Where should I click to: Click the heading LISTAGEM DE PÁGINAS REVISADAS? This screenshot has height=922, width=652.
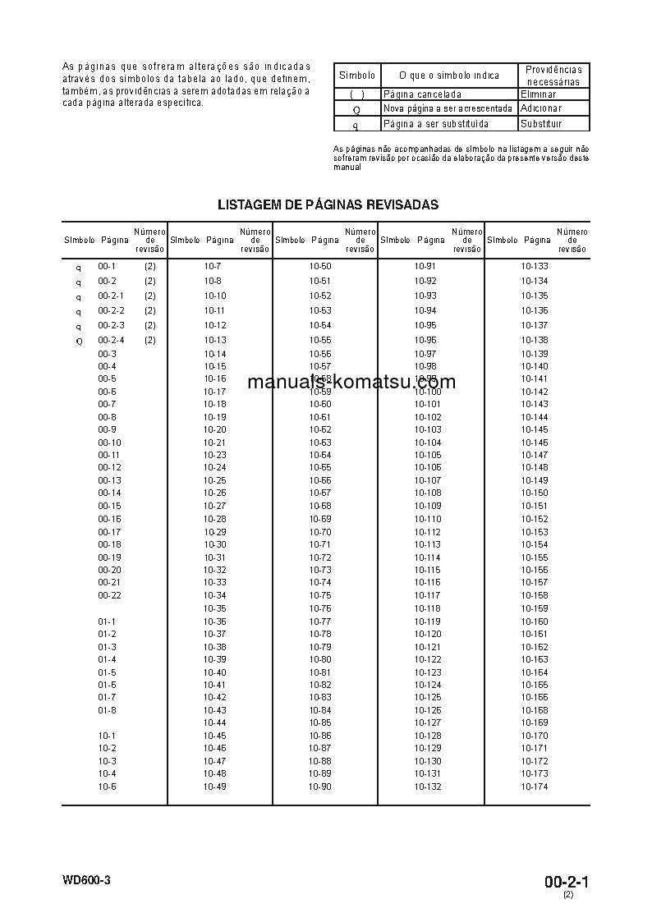tap(328, 205)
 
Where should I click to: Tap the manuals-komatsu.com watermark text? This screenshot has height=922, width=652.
tap(351, 382)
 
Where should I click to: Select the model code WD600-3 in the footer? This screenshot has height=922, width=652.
tap(85, 880)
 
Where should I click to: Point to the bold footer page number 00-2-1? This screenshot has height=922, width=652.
tap(567, 883)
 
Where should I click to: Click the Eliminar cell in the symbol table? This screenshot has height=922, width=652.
tap(538, 94)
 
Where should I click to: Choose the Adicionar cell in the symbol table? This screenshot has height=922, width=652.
tap(540, 108)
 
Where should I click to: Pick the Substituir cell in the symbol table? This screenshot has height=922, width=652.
tap(542, 124)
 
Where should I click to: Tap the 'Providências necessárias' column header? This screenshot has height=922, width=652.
tap(553, 76)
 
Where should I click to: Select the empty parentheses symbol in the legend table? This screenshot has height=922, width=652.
tap(356, 94)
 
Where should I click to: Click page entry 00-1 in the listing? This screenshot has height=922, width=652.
tap(107, 267)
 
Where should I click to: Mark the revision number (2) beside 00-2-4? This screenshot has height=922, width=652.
tap(150, 340)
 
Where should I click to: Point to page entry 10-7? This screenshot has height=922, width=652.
tap(213, 267)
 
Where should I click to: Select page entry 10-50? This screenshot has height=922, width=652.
tap(320, 267)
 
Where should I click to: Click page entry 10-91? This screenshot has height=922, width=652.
tap(425, 267)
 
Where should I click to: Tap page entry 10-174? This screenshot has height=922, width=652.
tap(535, 787)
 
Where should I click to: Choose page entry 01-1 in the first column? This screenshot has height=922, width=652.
tap(107, 622)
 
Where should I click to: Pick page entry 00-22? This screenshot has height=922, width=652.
tap(109, 595)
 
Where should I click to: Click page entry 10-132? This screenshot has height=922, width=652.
tap(428, 787)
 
